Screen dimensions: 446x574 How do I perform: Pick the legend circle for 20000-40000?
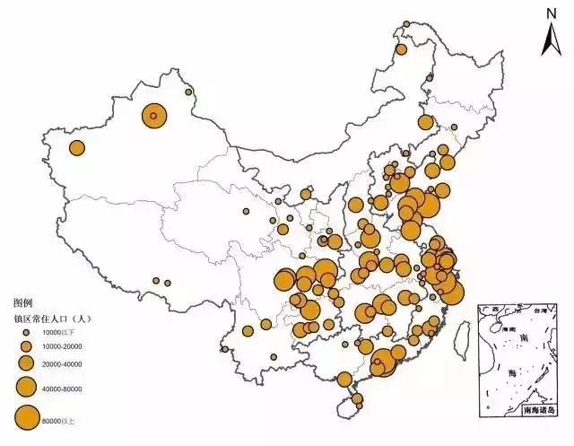click(26, 363)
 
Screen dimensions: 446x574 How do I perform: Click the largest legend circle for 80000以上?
click(26, 416)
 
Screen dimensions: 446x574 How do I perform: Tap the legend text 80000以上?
click(57, 417)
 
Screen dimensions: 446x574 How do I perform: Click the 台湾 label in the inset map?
click(540, 311)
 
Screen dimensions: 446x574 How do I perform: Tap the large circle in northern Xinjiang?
click(153, 115)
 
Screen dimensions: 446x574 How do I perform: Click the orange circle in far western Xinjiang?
click(77, 148)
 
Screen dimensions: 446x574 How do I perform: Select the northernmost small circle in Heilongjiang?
click(407, 24)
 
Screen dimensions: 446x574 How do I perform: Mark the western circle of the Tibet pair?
click(155, 280)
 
